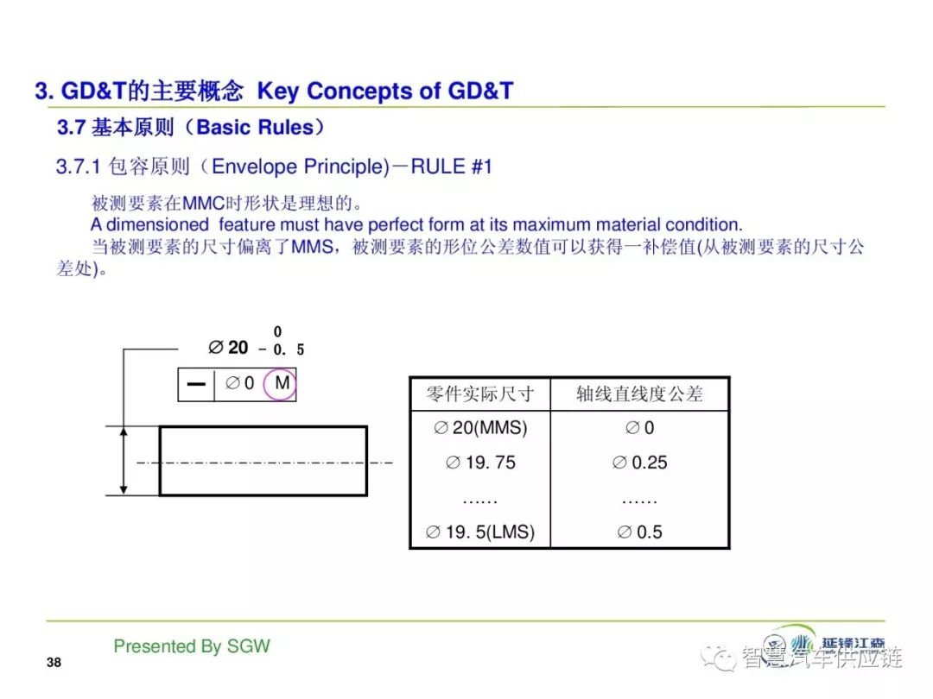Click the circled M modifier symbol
tap(280, 383)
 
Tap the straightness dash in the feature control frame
tap(196, 384)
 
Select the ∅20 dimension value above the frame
tap(228, 347)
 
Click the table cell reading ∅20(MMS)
tap(480, 427)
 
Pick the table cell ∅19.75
tap(480, 463)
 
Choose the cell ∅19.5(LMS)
tap(480, 532)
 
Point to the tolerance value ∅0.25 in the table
tap(639, 463)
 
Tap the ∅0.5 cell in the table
tap(639, 532)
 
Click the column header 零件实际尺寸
tap(480, 394)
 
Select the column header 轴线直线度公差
tap(639, 394)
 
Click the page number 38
tap(54, 662)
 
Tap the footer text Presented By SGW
tap(192, 646)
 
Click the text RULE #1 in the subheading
tap(452, 167)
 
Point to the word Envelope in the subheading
tap(254, 167)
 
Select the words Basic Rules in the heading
tap(255, 127)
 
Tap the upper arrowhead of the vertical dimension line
tap(124, 432)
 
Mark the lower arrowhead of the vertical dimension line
tap(124, 488)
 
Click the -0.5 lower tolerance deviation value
tap(282, 349)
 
